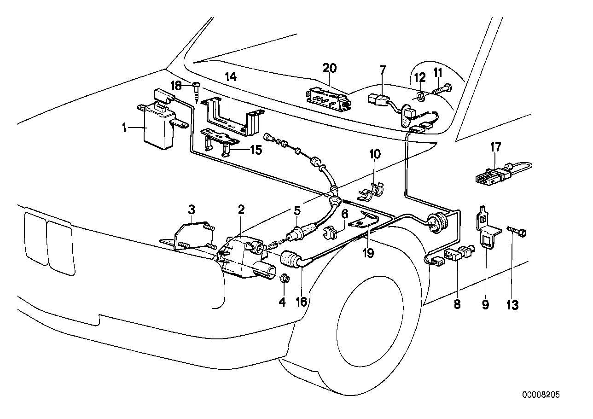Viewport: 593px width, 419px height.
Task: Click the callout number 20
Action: [330, 68]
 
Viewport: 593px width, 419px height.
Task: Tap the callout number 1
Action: [124, 127]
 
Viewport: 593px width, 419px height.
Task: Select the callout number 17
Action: [495, 147]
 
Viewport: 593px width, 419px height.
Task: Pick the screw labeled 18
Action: [198, 91]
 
